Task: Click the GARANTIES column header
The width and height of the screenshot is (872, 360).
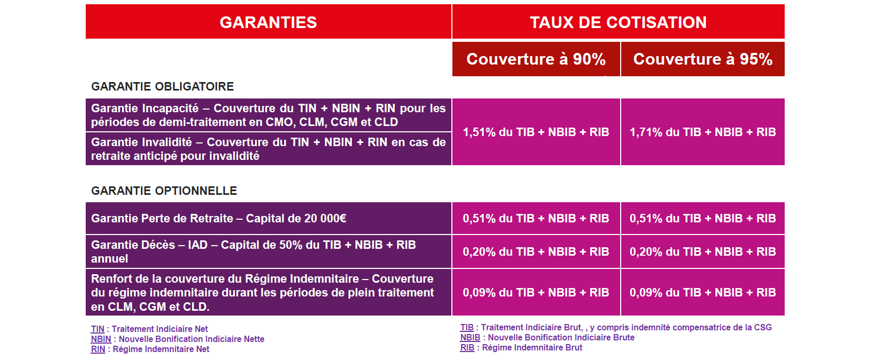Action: [268, 22]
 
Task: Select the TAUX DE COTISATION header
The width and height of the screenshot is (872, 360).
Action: [618, 22]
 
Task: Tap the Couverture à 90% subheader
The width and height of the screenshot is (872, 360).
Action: [536, 59]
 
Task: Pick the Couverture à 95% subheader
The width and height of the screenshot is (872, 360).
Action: [703, 59]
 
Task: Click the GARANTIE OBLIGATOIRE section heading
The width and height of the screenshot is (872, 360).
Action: [162, 86]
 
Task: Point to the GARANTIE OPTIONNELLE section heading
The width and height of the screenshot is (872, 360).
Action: [164, 191]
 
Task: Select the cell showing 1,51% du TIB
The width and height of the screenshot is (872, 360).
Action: [536, 132]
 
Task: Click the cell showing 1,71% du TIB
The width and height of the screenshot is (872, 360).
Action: [703, 132]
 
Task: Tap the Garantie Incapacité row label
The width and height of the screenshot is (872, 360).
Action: [268, 115]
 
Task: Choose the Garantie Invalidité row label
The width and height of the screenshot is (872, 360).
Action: [268, 149]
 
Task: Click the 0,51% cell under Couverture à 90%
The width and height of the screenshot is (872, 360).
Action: [536, 218]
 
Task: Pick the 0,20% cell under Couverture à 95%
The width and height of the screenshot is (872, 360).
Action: [703, 251]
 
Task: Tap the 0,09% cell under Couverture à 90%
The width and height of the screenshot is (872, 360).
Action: [536, 293]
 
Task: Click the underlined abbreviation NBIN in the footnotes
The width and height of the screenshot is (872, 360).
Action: [101, 339]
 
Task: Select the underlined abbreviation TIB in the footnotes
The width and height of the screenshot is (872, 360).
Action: [467, 327]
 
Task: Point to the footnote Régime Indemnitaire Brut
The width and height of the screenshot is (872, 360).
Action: [532, 347]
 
